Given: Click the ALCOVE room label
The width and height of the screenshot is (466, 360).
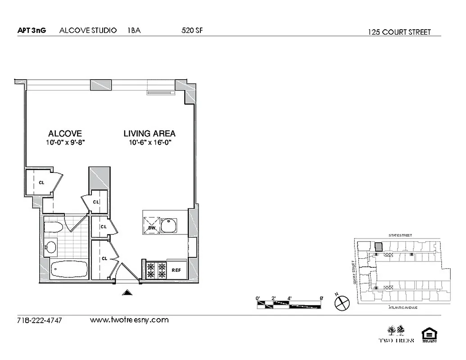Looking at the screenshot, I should pyautogui.click(x=65, y=134).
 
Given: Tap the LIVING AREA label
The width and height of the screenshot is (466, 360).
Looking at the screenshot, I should pyautogui.click(x=149, y=134).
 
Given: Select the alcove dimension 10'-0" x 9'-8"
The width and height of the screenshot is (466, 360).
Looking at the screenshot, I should pyautogui.click(x=65, y=143).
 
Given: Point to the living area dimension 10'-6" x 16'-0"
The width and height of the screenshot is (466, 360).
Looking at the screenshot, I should pyautogui.click(x=149, y=143).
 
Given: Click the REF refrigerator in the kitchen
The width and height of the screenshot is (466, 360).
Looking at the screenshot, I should pyautogui.click(x=176, y=270).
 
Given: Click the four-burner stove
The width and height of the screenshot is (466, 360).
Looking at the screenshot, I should pyautogui.click(x=155, y=270).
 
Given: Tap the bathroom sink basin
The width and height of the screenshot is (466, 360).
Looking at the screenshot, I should pyautogui.click(x=51, y=247).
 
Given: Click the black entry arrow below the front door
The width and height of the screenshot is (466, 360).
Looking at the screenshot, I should pyautogui.click(x=128, y=293).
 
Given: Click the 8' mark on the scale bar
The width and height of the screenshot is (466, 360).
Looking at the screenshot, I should pyautogui.click(x=321, y=298).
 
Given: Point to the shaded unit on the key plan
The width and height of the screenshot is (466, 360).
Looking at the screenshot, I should pyautogui.click(x=379, y=247).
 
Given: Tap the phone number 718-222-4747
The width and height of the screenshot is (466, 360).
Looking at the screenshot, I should pyautogui.click(x=39, y=321).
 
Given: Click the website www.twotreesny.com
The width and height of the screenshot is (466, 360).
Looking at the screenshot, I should pyautogui.click(x=129, y=320).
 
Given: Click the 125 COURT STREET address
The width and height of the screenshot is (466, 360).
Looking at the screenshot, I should pyautogui.click(x=399, y=32).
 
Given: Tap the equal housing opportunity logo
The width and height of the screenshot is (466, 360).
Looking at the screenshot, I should pyautogui.click(x=427, y=335).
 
